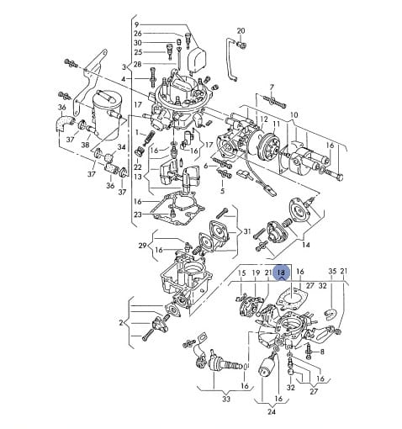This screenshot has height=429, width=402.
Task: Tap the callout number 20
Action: point(241,31)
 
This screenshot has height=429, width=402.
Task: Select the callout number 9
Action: point(136,24)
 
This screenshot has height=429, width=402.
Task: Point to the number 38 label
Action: point(85,145)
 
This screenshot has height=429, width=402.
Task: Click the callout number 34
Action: point(121,147)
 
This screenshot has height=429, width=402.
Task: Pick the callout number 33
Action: point(226,399)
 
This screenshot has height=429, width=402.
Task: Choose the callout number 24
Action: point(272,411)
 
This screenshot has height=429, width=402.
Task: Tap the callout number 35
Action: point(332,271)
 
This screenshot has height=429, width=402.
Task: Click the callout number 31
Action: point(246,231)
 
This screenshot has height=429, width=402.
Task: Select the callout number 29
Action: point(142,246)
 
